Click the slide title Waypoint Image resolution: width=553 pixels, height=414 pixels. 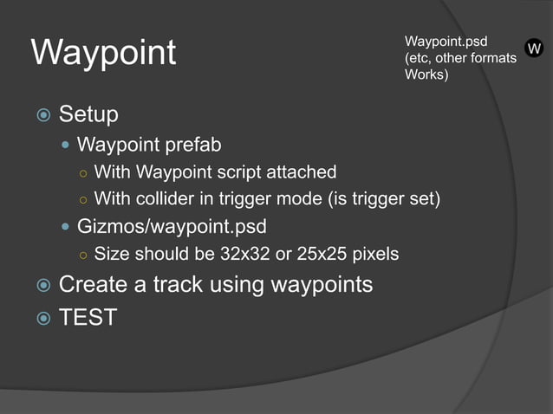[103, 53]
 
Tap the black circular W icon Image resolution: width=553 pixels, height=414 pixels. [534, 49]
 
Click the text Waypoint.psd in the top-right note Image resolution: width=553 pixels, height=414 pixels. [446, 42]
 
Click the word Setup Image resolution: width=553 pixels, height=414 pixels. [88, 114]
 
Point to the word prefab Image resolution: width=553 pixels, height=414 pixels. [196, 144]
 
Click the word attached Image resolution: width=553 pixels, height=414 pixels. [303, 171]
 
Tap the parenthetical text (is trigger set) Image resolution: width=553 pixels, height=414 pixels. [384, 199]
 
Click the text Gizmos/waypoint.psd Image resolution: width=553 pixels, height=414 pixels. [172, 227]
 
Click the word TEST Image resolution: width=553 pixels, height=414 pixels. [88, 318]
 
